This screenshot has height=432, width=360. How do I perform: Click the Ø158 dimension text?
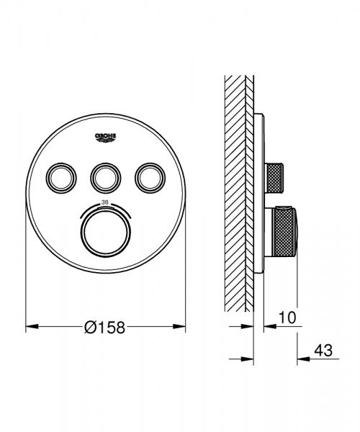coord(104,327)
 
